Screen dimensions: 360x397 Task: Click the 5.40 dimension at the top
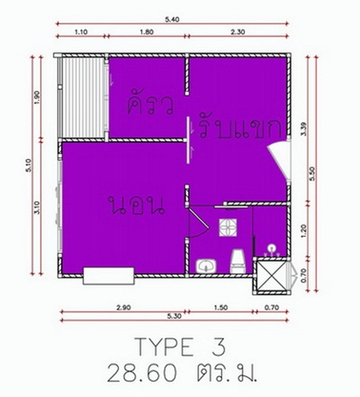tap(172, 19)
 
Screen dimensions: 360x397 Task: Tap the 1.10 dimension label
tap(81, 32)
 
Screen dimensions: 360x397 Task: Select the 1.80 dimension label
tap(147, 32)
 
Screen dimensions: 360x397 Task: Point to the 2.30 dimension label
tap(238, 32)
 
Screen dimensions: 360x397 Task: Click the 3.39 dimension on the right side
tap(304, 129)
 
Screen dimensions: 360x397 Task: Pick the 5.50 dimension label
tap(312, 174)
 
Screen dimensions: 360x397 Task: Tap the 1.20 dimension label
tap(304, 231)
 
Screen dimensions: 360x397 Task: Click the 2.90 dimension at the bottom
tap(123, 308)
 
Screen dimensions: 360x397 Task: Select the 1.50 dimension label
tap(220, 308)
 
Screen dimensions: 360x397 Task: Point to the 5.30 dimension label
tap(174, 316)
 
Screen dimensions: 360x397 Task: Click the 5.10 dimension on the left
tap(28, 165)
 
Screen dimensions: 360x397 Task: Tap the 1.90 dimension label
tap(37, 97)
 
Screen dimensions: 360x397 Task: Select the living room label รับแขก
tap(240, 128)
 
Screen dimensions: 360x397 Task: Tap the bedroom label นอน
tap(136, 205)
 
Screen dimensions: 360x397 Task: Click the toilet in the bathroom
tap(238, 262)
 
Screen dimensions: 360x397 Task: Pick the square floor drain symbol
tap(228, 228)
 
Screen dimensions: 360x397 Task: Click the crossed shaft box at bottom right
tap(271, 275)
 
